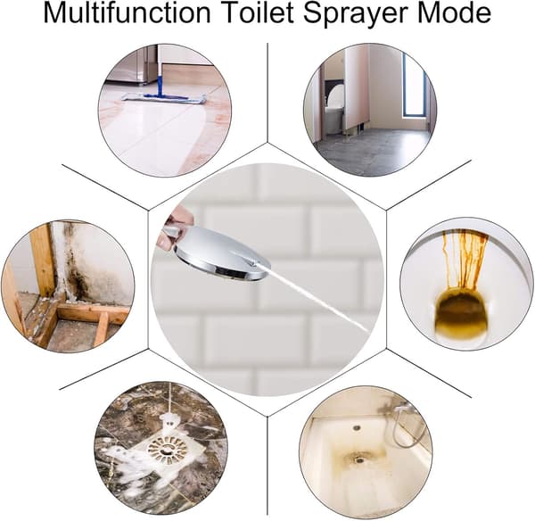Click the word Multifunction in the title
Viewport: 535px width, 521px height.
tap(127, 13)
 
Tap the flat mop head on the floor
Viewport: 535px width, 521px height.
tap(164, 98)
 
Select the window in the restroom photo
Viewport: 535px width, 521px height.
tap(414, 87)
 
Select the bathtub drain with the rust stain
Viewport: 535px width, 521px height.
tap(359, 459)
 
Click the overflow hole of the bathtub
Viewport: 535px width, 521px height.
tap(357, 427)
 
